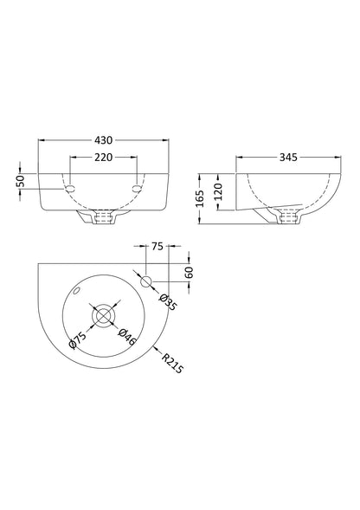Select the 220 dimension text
coord(104,158)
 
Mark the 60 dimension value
coord(188,272)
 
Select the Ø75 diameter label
coord(79,342)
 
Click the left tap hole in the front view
coord(68,188)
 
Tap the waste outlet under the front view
coord(103,220)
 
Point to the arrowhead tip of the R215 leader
coord(152,348)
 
